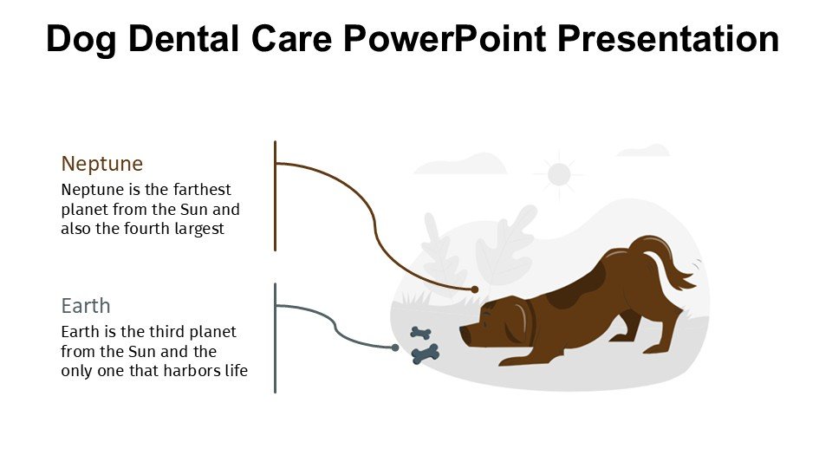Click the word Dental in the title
pos(184,39)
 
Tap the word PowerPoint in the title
pos(445,39)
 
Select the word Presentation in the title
pos(668,39)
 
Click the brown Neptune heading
pos(102,164)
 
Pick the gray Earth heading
pos(86,306)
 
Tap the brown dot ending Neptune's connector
pos(475,289)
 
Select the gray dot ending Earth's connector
pos(395,348)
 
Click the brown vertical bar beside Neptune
pos(275,196)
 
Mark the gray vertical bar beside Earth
pos(275,338)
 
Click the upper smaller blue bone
pos(421,333)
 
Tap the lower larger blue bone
pos(426,354)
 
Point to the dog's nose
pos(462,333)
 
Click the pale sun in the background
pos(559,174)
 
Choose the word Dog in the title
pos(81,40)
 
